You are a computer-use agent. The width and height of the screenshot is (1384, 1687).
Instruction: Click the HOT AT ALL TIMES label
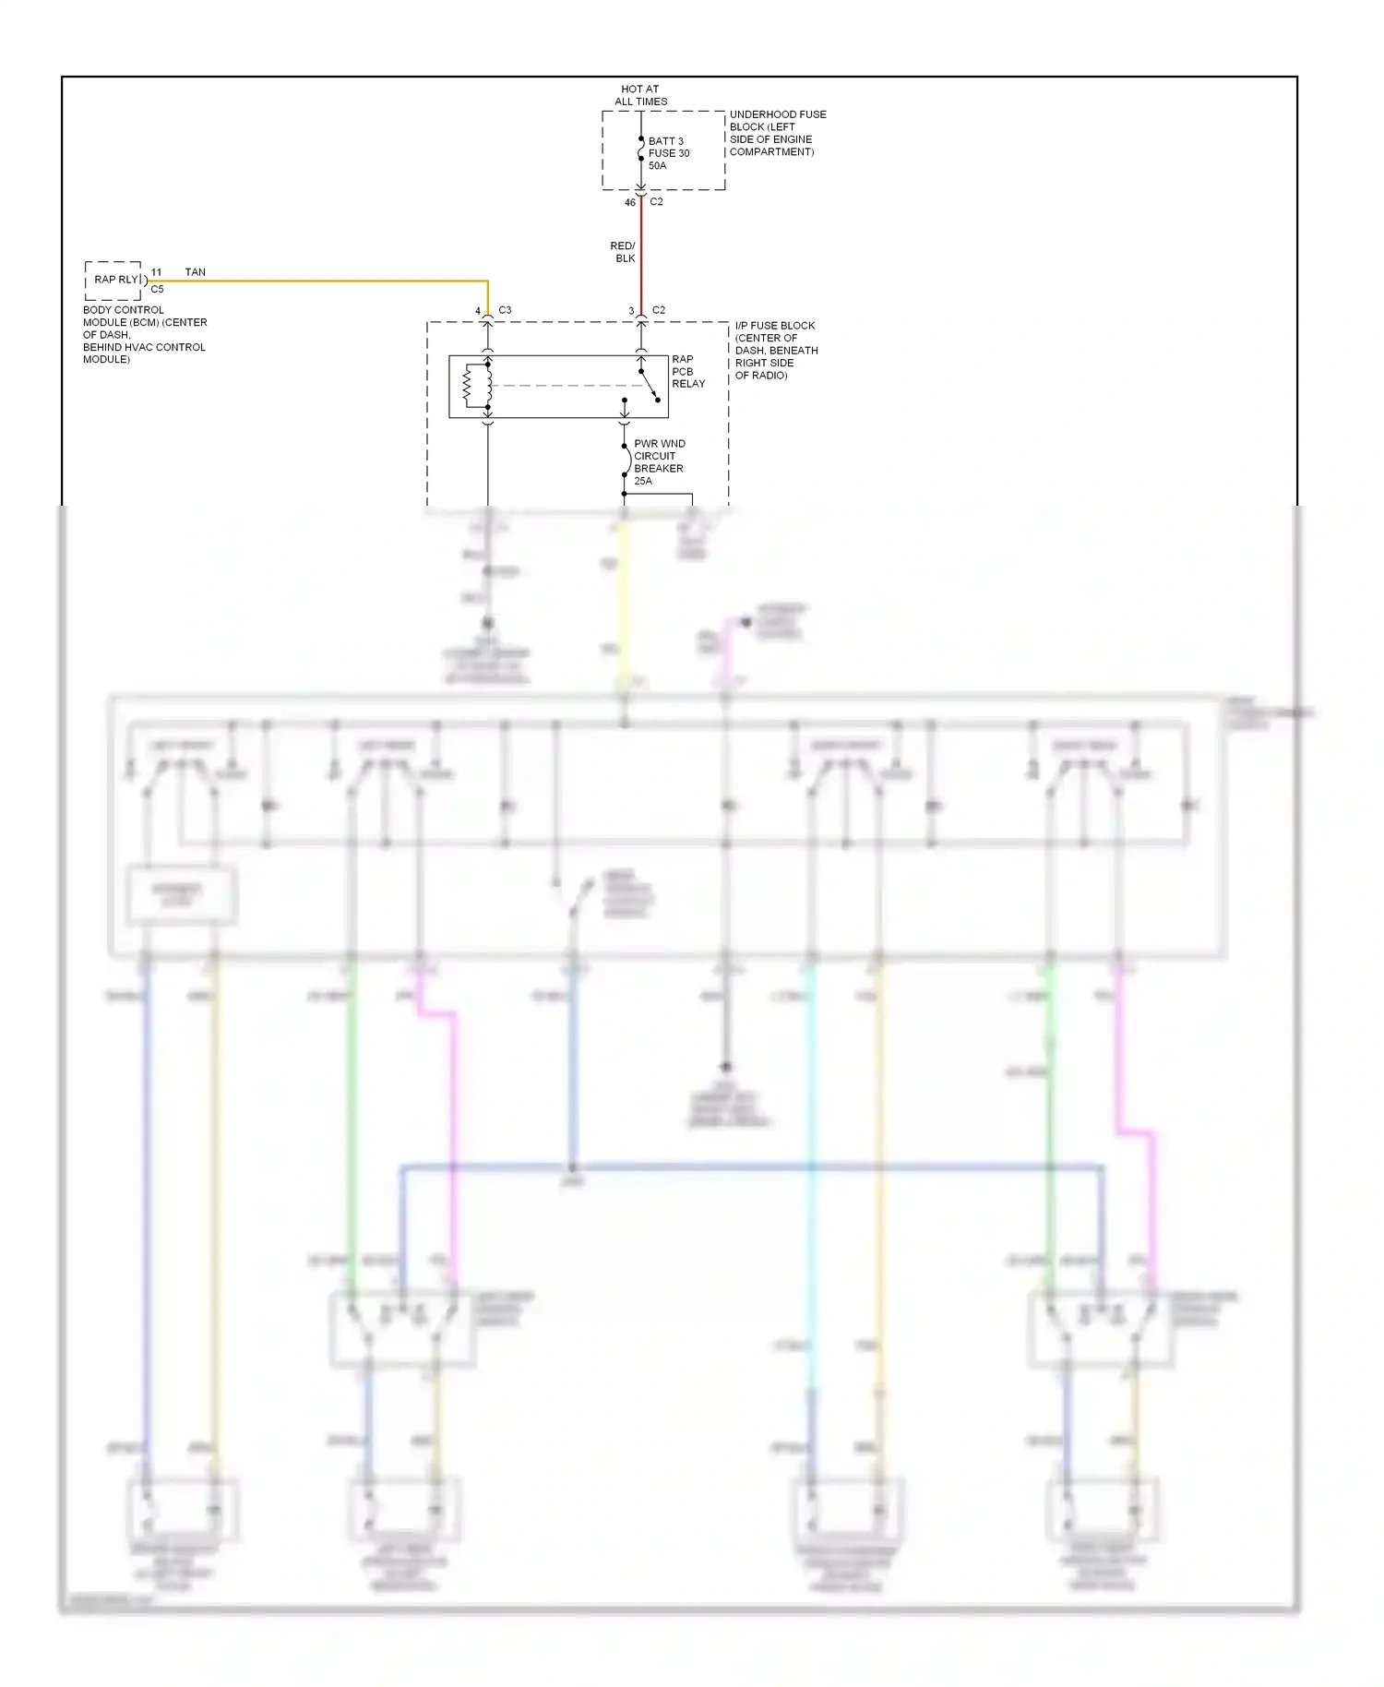click(x=640, y=95)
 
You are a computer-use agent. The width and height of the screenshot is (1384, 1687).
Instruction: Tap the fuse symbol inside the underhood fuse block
click(x=641, y=149)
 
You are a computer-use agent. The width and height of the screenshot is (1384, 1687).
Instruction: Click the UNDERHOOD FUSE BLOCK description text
click(x=777, y=133)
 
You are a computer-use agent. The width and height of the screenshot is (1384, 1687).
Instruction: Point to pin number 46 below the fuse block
click(x=630, y=202)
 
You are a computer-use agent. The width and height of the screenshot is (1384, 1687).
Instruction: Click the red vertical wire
click(x=641, y=258)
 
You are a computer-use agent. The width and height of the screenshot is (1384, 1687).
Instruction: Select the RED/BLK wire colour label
click(x=623, y=252)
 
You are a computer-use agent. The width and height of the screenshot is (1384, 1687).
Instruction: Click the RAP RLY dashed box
click(x=113, y=280)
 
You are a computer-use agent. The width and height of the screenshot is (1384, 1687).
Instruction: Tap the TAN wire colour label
click(x=195, y=272)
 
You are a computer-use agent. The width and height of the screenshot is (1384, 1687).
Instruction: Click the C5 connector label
click(x=157, y=289)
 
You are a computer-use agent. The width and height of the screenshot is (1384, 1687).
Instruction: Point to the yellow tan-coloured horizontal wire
click(x=323, y=281)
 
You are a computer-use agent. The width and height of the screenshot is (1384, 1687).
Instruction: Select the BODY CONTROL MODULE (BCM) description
click(x=144, y=334)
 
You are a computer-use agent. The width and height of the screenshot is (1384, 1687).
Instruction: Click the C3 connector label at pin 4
click(x=505, y=310)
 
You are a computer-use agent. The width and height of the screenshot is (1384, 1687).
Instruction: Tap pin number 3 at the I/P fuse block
click(x=631, y=311)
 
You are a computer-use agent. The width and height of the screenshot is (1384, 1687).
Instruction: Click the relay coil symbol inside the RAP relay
click(x=468, y=386)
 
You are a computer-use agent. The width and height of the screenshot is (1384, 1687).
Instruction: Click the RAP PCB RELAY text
click(x=687, y=371)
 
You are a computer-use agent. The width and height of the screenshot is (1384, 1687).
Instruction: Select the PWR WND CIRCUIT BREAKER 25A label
click(x=659, y=461)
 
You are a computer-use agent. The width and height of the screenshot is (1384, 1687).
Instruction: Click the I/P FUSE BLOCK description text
click(x=776, y=350)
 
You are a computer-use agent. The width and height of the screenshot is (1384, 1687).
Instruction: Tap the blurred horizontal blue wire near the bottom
click(x=738, y=1167)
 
